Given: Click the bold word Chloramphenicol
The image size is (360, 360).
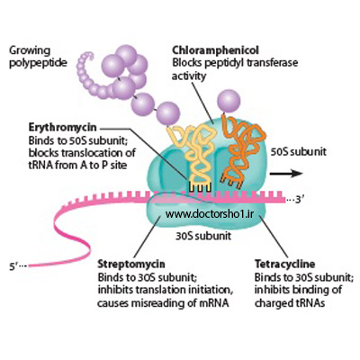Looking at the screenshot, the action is (x=215, y=50).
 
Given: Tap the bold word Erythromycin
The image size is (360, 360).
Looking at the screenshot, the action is (x=63, y=128).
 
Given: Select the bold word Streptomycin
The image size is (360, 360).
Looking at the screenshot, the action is (x=131, y=265).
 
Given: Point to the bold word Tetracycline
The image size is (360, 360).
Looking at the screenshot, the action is (x=285, y=264).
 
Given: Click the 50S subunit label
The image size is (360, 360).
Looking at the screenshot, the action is (x=299, y=152).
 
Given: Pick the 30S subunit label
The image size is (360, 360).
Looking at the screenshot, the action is (x=203, y=236).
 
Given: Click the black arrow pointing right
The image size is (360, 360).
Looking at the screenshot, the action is (x=286, y=174).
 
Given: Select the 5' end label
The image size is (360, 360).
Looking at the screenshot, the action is (x=18, y=266).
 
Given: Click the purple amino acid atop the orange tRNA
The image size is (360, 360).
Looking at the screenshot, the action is (x=229, y=101).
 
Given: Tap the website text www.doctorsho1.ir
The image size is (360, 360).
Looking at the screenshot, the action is (x=210, y=214).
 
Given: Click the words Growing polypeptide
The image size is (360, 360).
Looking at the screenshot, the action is (x=38, y=57).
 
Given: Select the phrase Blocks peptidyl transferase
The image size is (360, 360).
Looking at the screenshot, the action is (x=235, y=63).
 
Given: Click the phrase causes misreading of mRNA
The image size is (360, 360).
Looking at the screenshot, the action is (x=163, y=303).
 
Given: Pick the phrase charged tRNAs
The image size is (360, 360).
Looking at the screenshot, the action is (x=290, y=303).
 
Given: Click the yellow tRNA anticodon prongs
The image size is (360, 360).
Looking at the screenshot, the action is (x=200, y=187).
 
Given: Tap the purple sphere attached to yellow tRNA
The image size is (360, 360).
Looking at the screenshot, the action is (x=168, y=113).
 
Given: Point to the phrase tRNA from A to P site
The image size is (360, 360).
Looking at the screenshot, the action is (x=77, y=166).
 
